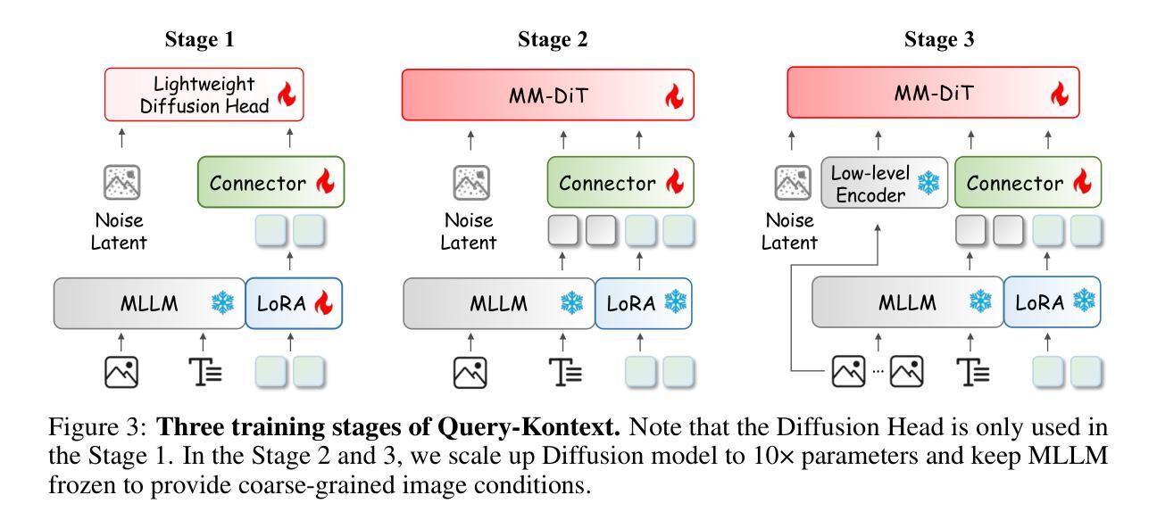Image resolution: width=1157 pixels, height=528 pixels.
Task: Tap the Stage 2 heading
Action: coord(553,39)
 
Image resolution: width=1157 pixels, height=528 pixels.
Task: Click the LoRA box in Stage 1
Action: coord(294,303)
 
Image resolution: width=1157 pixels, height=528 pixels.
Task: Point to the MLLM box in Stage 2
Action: coord(498,303)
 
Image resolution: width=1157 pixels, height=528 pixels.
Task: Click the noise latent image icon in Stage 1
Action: coord(122,183)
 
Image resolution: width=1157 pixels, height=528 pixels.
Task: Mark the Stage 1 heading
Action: coord(203,39)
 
